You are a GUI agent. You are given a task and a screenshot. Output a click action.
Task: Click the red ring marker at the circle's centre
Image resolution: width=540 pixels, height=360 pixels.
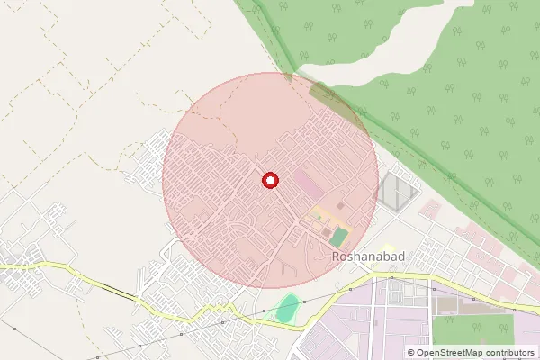coord(269,181)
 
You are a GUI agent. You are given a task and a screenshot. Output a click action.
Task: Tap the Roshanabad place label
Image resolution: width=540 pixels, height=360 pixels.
coord(366,256)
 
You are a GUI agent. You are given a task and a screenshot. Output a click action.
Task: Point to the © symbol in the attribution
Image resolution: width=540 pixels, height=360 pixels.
coord(411,352)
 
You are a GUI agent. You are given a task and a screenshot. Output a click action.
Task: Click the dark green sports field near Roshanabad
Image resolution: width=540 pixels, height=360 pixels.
coord(338,238)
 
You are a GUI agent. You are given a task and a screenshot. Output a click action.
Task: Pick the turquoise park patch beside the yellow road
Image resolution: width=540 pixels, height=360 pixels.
coord(287,309)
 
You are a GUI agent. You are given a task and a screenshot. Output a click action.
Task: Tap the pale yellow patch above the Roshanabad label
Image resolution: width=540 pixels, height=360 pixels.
coord(387,247)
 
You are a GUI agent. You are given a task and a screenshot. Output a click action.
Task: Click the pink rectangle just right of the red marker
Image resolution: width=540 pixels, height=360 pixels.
coord(307,187)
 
